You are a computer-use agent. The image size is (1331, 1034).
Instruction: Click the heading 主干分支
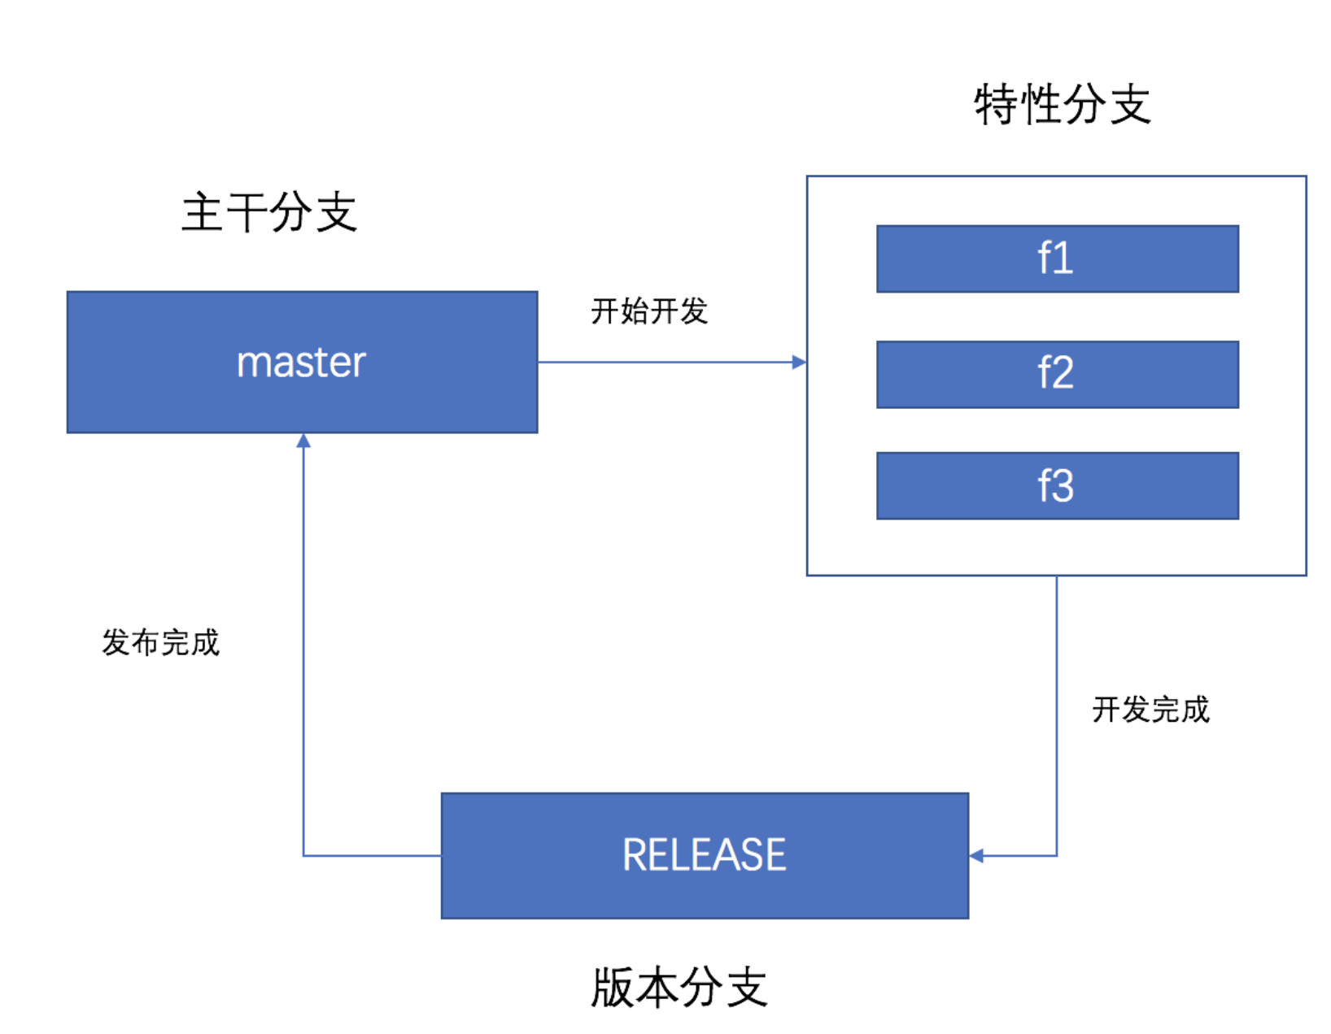(269, 212)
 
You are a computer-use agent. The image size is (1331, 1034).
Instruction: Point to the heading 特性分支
(1063, 105)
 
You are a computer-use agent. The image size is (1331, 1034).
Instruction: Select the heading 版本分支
(679, 988)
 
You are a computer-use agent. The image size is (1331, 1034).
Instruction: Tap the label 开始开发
(649, 311)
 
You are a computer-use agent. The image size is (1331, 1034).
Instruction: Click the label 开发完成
(1150, 710)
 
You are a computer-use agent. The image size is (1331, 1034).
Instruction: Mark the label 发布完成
(160, 643)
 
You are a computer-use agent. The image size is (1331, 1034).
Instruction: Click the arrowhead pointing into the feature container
(799, 363)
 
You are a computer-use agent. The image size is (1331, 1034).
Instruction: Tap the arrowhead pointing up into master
(303, 441)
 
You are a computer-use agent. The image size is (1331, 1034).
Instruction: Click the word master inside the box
(301, 363)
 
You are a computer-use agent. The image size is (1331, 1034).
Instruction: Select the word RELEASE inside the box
(704, 855)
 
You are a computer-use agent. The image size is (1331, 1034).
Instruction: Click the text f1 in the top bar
(1055, 258)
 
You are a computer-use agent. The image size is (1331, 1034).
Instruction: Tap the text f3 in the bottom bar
(1055, 486)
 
